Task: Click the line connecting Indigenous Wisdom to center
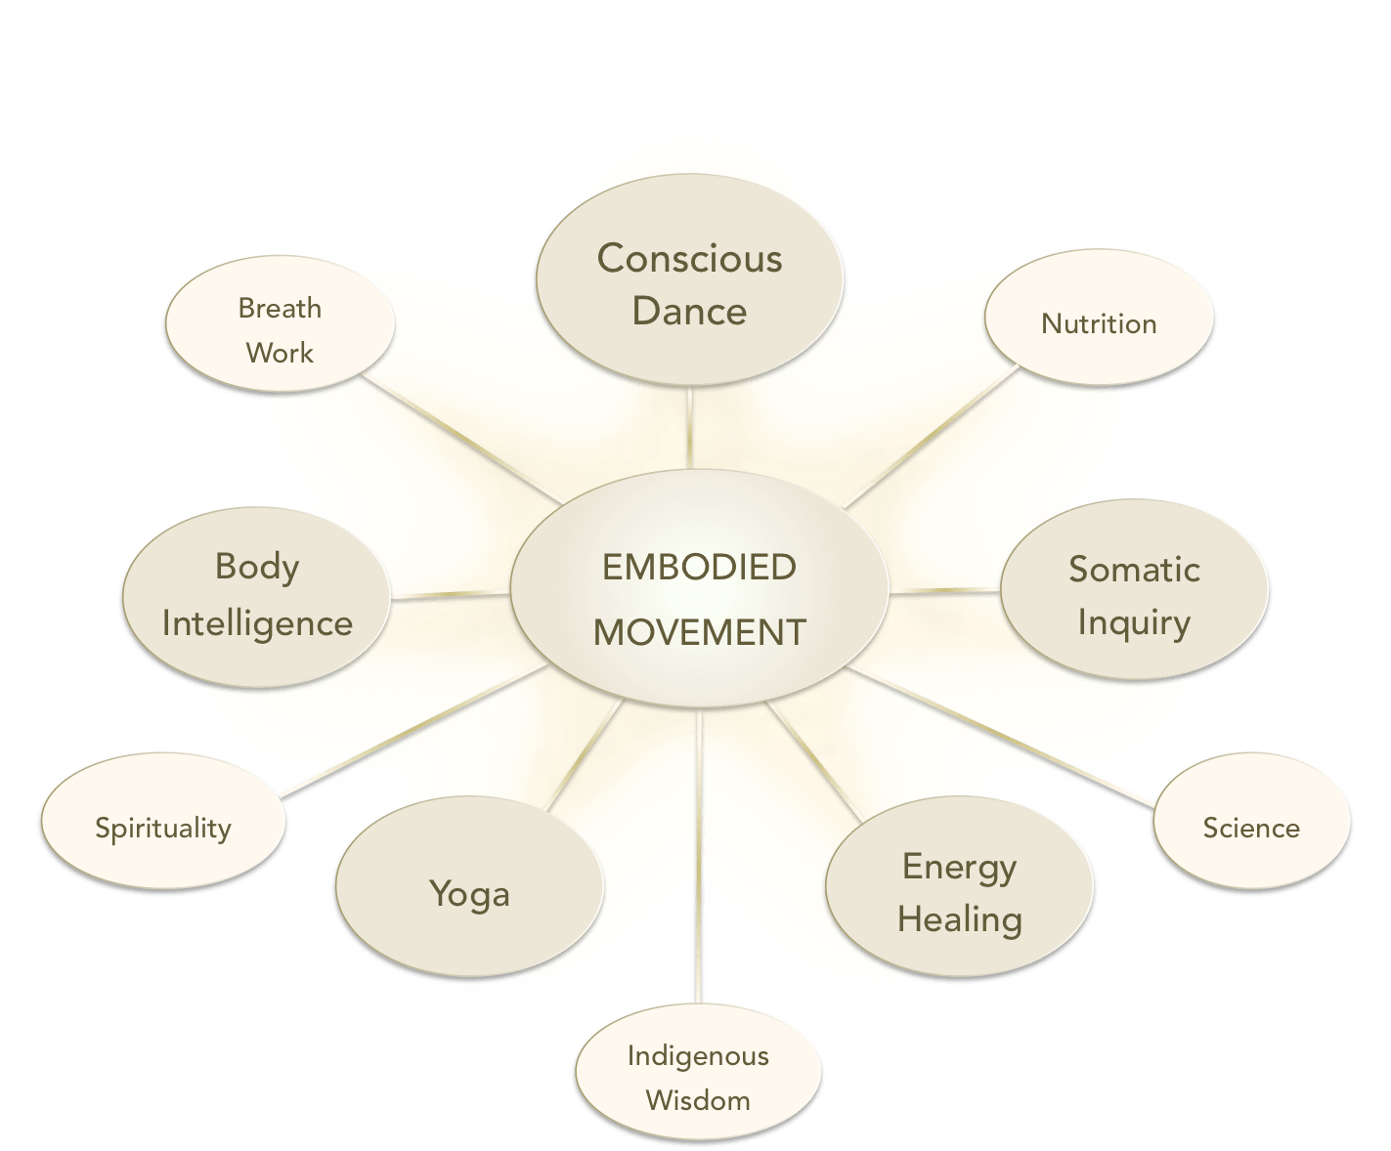(x=700, y=860)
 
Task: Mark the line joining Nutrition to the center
(x=929, y=436)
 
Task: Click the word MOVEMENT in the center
(x=699, y=632)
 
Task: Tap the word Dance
(x=689, y=311)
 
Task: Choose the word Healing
(x=959, y=918)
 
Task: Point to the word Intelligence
(x=257, y=622)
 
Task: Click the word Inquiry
(x=1134, y=622)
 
